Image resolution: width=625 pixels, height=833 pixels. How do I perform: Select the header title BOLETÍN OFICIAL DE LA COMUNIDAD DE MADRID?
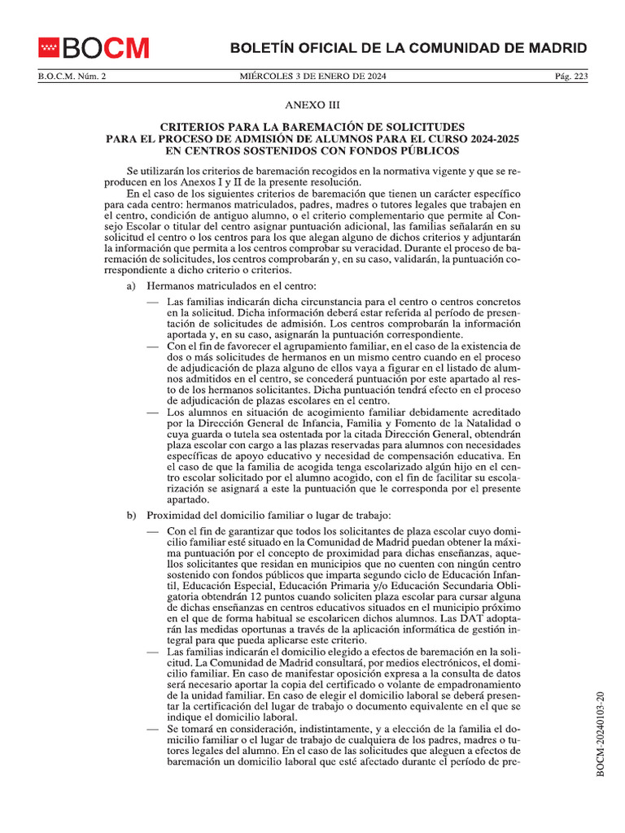pos(409,48)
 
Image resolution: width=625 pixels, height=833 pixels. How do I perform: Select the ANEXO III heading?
pos(312,106)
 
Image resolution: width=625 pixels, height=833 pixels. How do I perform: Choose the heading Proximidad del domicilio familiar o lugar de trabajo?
pos(269,516)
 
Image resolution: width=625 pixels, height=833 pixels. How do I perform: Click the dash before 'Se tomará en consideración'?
pos(153,731)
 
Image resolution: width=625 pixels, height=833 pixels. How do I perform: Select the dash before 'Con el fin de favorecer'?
pos(153,345)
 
